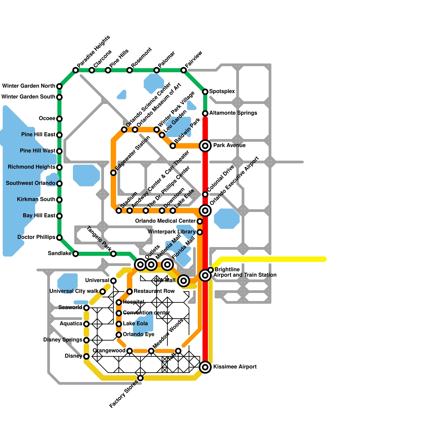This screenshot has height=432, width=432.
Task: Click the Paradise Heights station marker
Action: click(76, 70)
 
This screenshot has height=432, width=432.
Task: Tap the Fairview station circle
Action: click(184, 70)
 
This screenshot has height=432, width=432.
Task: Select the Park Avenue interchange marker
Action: click(205, 146)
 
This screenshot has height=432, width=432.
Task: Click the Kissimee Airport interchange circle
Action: click(205, 367)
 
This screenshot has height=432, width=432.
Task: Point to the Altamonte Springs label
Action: click(233, 113)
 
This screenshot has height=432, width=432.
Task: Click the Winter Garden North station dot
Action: click(59, 86)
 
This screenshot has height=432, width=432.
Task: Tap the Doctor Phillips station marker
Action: click(59, 238)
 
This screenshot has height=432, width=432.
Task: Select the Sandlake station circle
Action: click(76, 254)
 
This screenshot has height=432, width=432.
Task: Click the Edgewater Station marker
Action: click(113, 173)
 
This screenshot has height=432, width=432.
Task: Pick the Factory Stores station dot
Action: click(140, 378)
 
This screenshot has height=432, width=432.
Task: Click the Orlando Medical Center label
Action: click(165, 221)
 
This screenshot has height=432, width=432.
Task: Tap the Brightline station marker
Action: click(211, 270)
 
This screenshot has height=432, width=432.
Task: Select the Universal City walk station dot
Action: click(103, 292)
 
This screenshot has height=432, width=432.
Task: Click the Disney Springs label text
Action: click(63, 340)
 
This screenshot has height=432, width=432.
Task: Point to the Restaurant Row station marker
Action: click(130, 292)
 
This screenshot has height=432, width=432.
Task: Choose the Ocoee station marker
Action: click(59, 119)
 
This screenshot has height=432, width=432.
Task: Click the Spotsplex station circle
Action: click(205, 92)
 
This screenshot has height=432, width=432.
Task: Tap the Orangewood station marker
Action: click(130, 351)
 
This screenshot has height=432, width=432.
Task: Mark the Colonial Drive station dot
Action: click(205, 194)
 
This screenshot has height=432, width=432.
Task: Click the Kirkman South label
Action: click(36, 199)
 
